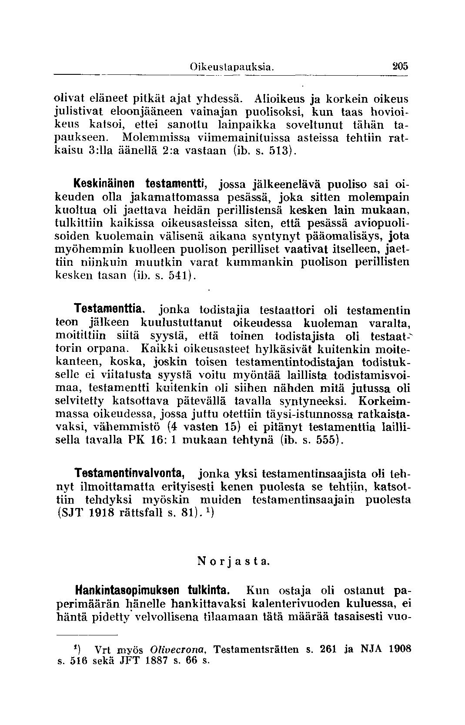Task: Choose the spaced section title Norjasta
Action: pos(234,561)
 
